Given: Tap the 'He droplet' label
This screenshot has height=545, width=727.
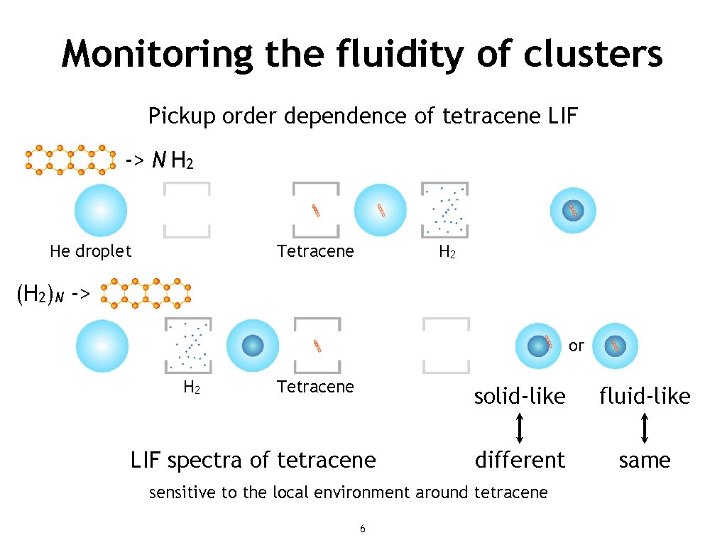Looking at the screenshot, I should tap(91, 251).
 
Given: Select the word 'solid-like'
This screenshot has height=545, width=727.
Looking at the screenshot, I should tap(520, 396).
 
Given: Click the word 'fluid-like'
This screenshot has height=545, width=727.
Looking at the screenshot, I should tap(645, 396).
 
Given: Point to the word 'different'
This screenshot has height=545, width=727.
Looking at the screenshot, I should tap(520, 460).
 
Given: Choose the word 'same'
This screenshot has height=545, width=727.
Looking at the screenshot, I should tap(645, 460).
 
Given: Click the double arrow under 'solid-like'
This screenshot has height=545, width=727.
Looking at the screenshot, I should tap(520, 428).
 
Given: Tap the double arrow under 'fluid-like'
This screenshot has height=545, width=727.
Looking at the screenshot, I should tap(645, 428).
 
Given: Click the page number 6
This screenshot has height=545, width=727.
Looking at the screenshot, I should tap(363, 529).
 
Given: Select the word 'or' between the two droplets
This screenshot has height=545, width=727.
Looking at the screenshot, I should tap(576, 346).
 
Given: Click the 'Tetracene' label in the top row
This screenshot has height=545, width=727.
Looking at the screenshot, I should tap(315, 251).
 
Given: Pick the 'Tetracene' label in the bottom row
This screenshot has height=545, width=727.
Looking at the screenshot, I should tap(315, 387).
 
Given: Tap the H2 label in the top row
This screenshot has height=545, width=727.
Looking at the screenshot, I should tap(447, 252).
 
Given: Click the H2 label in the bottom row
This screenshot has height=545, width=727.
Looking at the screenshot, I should tap(191, 387).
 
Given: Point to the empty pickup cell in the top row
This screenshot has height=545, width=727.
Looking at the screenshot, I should tap(187, 210).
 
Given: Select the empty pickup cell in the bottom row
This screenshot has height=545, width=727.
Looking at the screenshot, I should tap(446, 346).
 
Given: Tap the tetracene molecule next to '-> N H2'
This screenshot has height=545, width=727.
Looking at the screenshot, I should tap(70, 160).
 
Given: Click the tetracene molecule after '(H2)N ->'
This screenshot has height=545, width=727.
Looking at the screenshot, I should tap(146, 294).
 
